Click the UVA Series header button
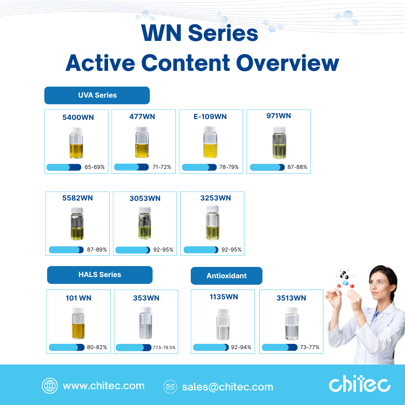(97, 95)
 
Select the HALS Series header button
(100, 275)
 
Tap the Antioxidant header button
(226, 276)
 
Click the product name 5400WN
(78, 117)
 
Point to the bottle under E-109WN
(210, 142)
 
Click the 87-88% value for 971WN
(297, 167)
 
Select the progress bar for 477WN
(132, 167)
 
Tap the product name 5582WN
(77, 198)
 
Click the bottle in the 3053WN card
(145, 223)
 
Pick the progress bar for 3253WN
(201, 250)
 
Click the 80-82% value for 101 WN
(97, 347)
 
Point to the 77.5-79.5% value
(164, 347)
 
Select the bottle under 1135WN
(223, 324)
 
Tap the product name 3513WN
(291, 298)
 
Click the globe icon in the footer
(50, 386)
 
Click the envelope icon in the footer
(171, 387)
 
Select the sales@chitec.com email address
(228, 387)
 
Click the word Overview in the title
(288, 63)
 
